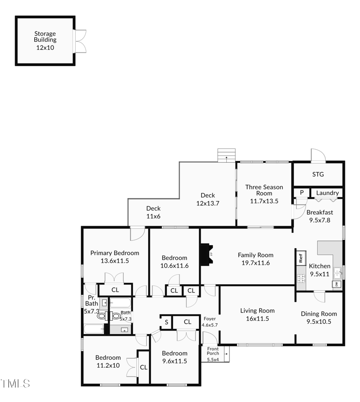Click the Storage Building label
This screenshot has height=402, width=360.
point(45,40)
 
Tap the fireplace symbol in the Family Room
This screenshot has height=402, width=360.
point(208,254)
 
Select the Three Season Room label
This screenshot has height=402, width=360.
point(264,194)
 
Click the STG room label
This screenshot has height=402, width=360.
point(318,174)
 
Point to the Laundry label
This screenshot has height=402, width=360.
point(327,193)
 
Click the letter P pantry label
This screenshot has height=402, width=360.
point(301,193)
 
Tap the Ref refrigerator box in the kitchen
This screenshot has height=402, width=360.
point(301,259)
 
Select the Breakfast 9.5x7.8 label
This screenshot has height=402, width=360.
point(319,216)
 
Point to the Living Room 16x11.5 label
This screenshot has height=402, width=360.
point(257,314)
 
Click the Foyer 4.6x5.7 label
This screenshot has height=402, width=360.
point(210,322)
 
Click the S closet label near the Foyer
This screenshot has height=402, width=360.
point(166,322)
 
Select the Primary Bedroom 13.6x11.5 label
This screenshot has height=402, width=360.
point(115,256)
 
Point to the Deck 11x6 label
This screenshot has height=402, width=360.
point(153,212)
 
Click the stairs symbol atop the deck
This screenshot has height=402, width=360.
point(226,155)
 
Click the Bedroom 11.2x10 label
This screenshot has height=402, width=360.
point(108,362)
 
